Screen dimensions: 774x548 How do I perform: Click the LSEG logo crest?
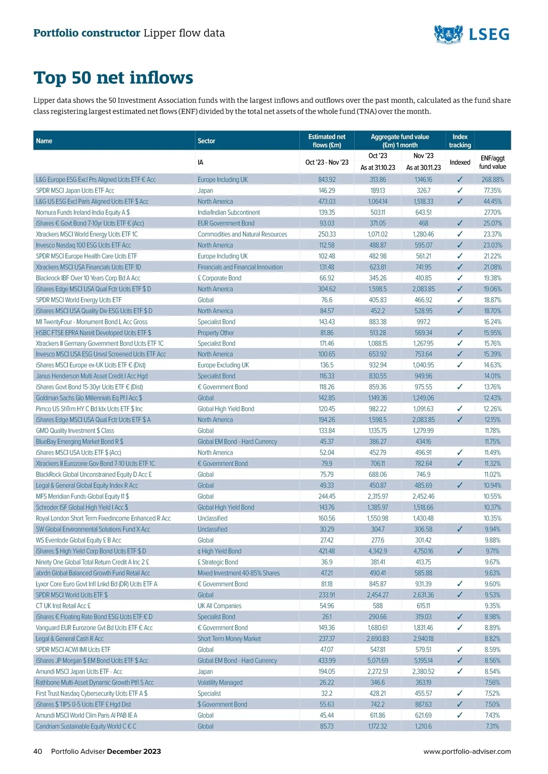click(448, 34)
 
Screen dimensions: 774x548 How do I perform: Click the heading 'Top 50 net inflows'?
click(113, 78)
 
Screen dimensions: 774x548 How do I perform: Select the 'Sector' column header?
click(206, 141)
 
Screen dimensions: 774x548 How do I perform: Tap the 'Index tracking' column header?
click(459, 141)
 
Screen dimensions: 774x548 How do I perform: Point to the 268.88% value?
click(492, 180)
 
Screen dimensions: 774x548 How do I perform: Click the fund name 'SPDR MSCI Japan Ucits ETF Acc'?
click(75, 191)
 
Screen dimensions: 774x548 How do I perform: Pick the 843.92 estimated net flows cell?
click(327, 180)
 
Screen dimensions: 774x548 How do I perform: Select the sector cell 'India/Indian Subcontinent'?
click(228, 213)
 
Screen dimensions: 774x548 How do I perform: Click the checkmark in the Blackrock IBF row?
click(459, 278)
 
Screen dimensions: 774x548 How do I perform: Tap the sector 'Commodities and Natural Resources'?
click(242, 235)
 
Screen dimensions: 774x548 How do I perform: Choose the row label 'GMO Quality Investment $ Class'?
click(75, 431)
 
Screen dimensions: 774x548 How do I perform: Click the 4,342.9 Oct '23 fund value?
click(378, 551)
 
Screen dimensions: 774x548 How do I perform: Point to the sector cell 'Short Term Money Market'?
click(229, 639)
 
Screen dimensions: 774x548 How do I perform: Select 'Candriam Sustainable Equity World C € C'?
click(86, 727)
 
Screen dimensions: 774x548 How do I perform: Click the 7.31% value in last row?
click(492, 727)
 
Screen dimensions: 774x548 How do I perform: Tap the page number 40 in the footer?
click(37, 752)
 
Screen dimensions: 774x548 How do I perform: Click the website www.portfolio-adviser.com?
click(467, 752)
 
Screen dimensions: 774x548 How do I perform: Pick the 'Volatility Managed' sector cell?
click(220, 683)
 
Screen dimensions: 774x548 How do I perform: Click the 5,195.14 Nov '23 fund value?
click(423, 661)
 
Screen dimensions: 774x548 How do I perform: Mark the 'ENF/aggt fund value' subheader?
click(492, 162)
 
